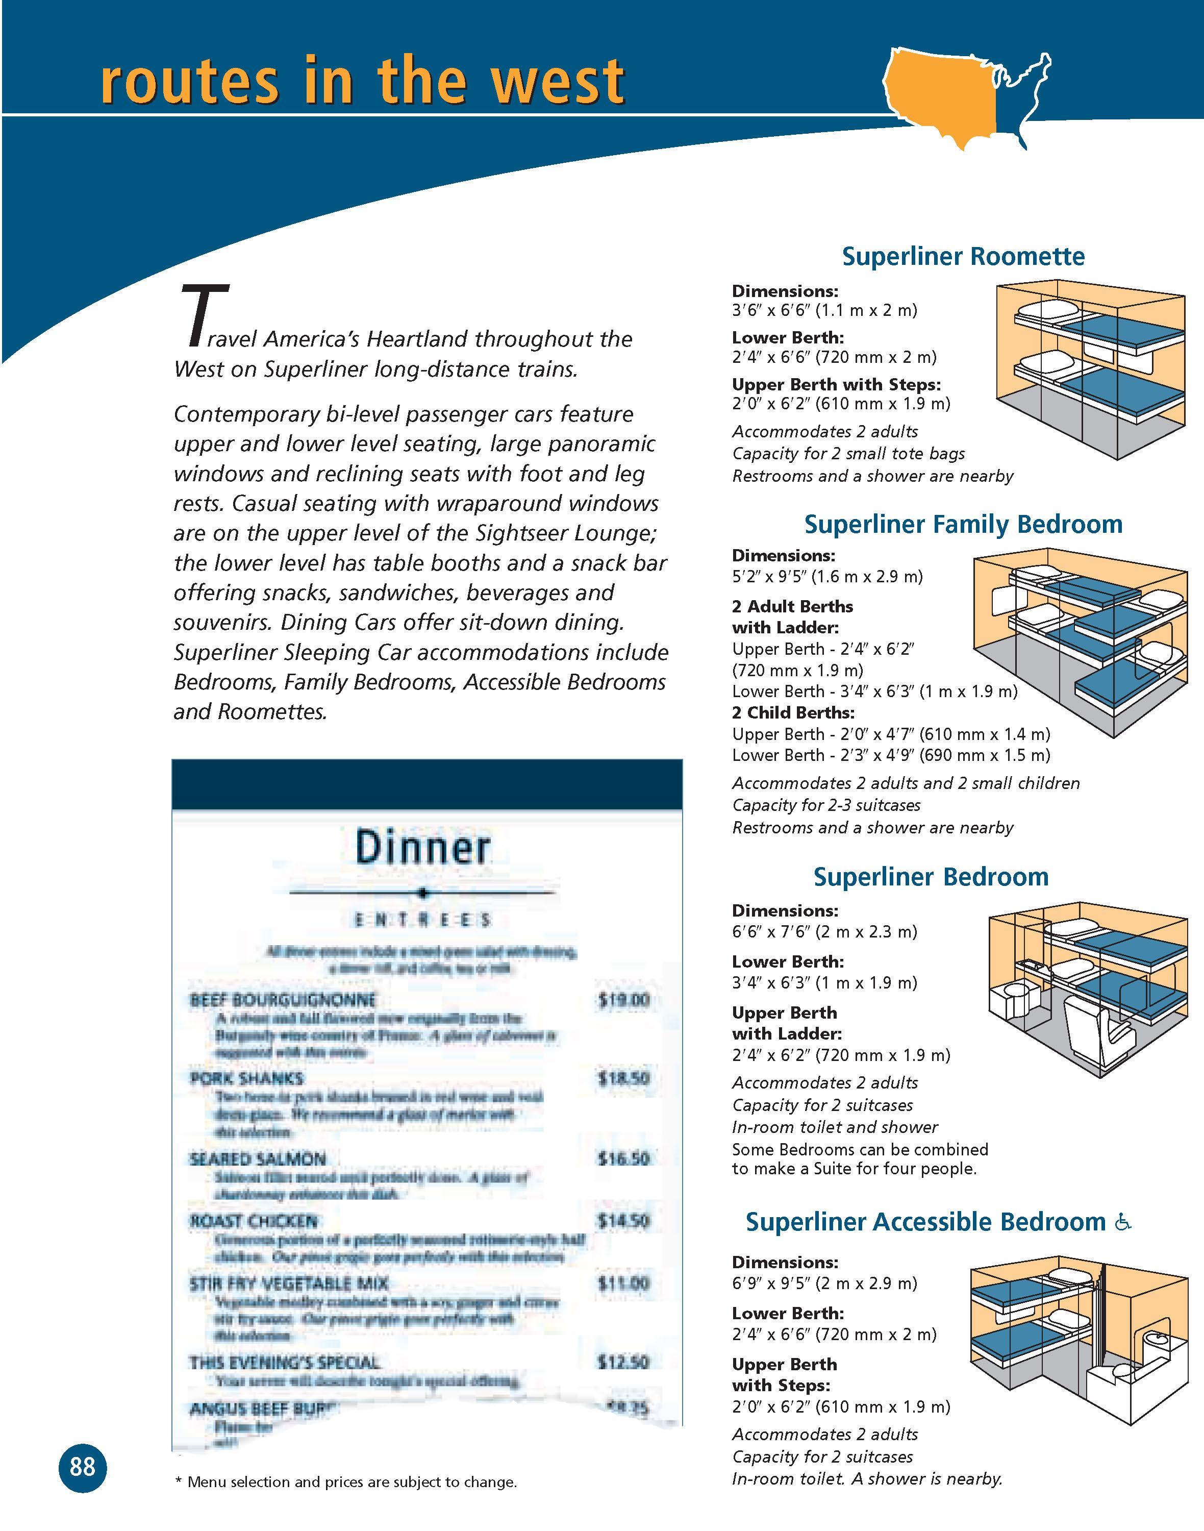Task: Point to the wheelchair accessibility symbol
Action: [x=1123, y=1222]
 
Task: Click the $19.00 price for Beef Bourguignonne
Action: [x=622, y=1000]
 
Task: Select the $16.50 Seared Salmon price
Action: [x=622, y=1158]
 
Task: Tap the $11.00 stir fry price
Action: [x=622, y=1284]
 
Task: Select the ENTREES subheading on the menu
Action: [x=422, y=920]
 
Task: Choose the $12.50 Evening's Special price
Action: [x=622, y=1363]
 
